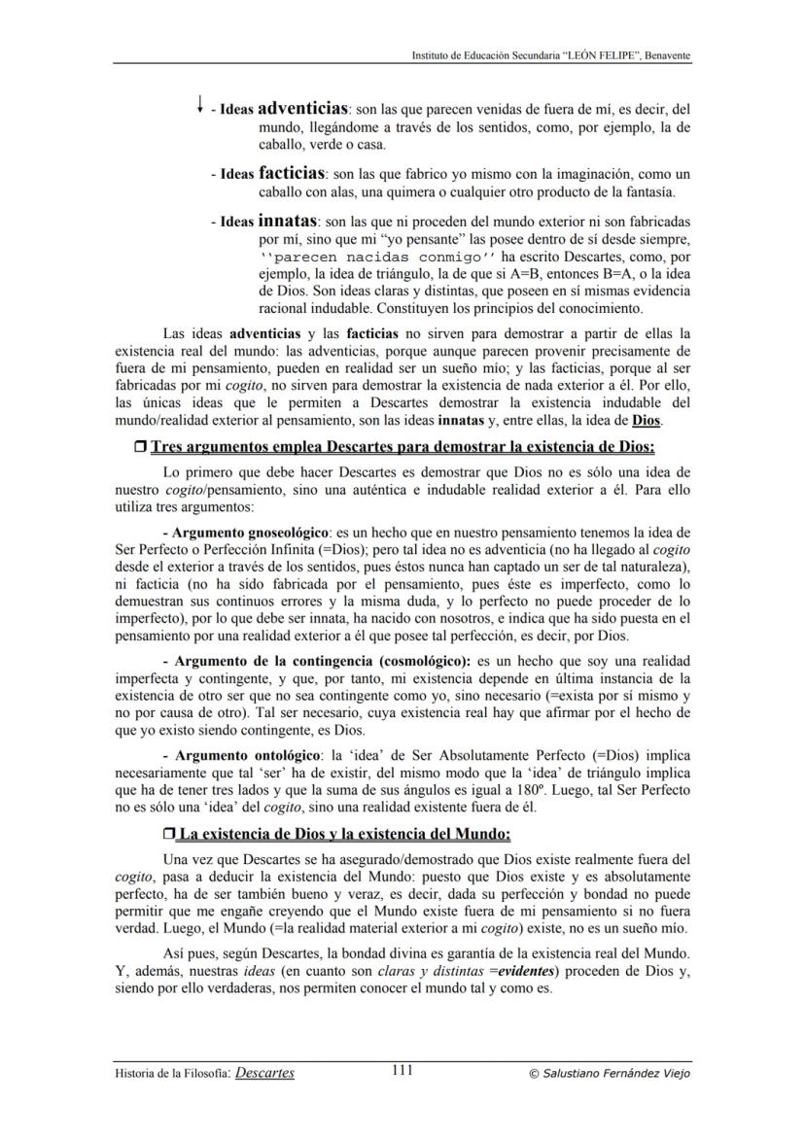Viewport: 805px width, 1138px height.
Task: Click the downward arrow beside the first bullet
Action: (x=199, y=103)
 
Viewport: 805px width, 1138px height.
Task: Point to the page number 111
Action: (x=402, y=1071)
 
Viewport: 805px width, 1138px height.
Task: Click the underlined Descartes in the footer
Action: (x=264, y=1073)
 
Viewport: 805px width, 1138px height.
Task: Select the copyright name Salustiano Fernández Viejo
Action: (x=616, y=1074)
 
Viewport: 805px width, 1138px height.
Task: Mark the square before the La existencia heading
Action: (x=169, y=835)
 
